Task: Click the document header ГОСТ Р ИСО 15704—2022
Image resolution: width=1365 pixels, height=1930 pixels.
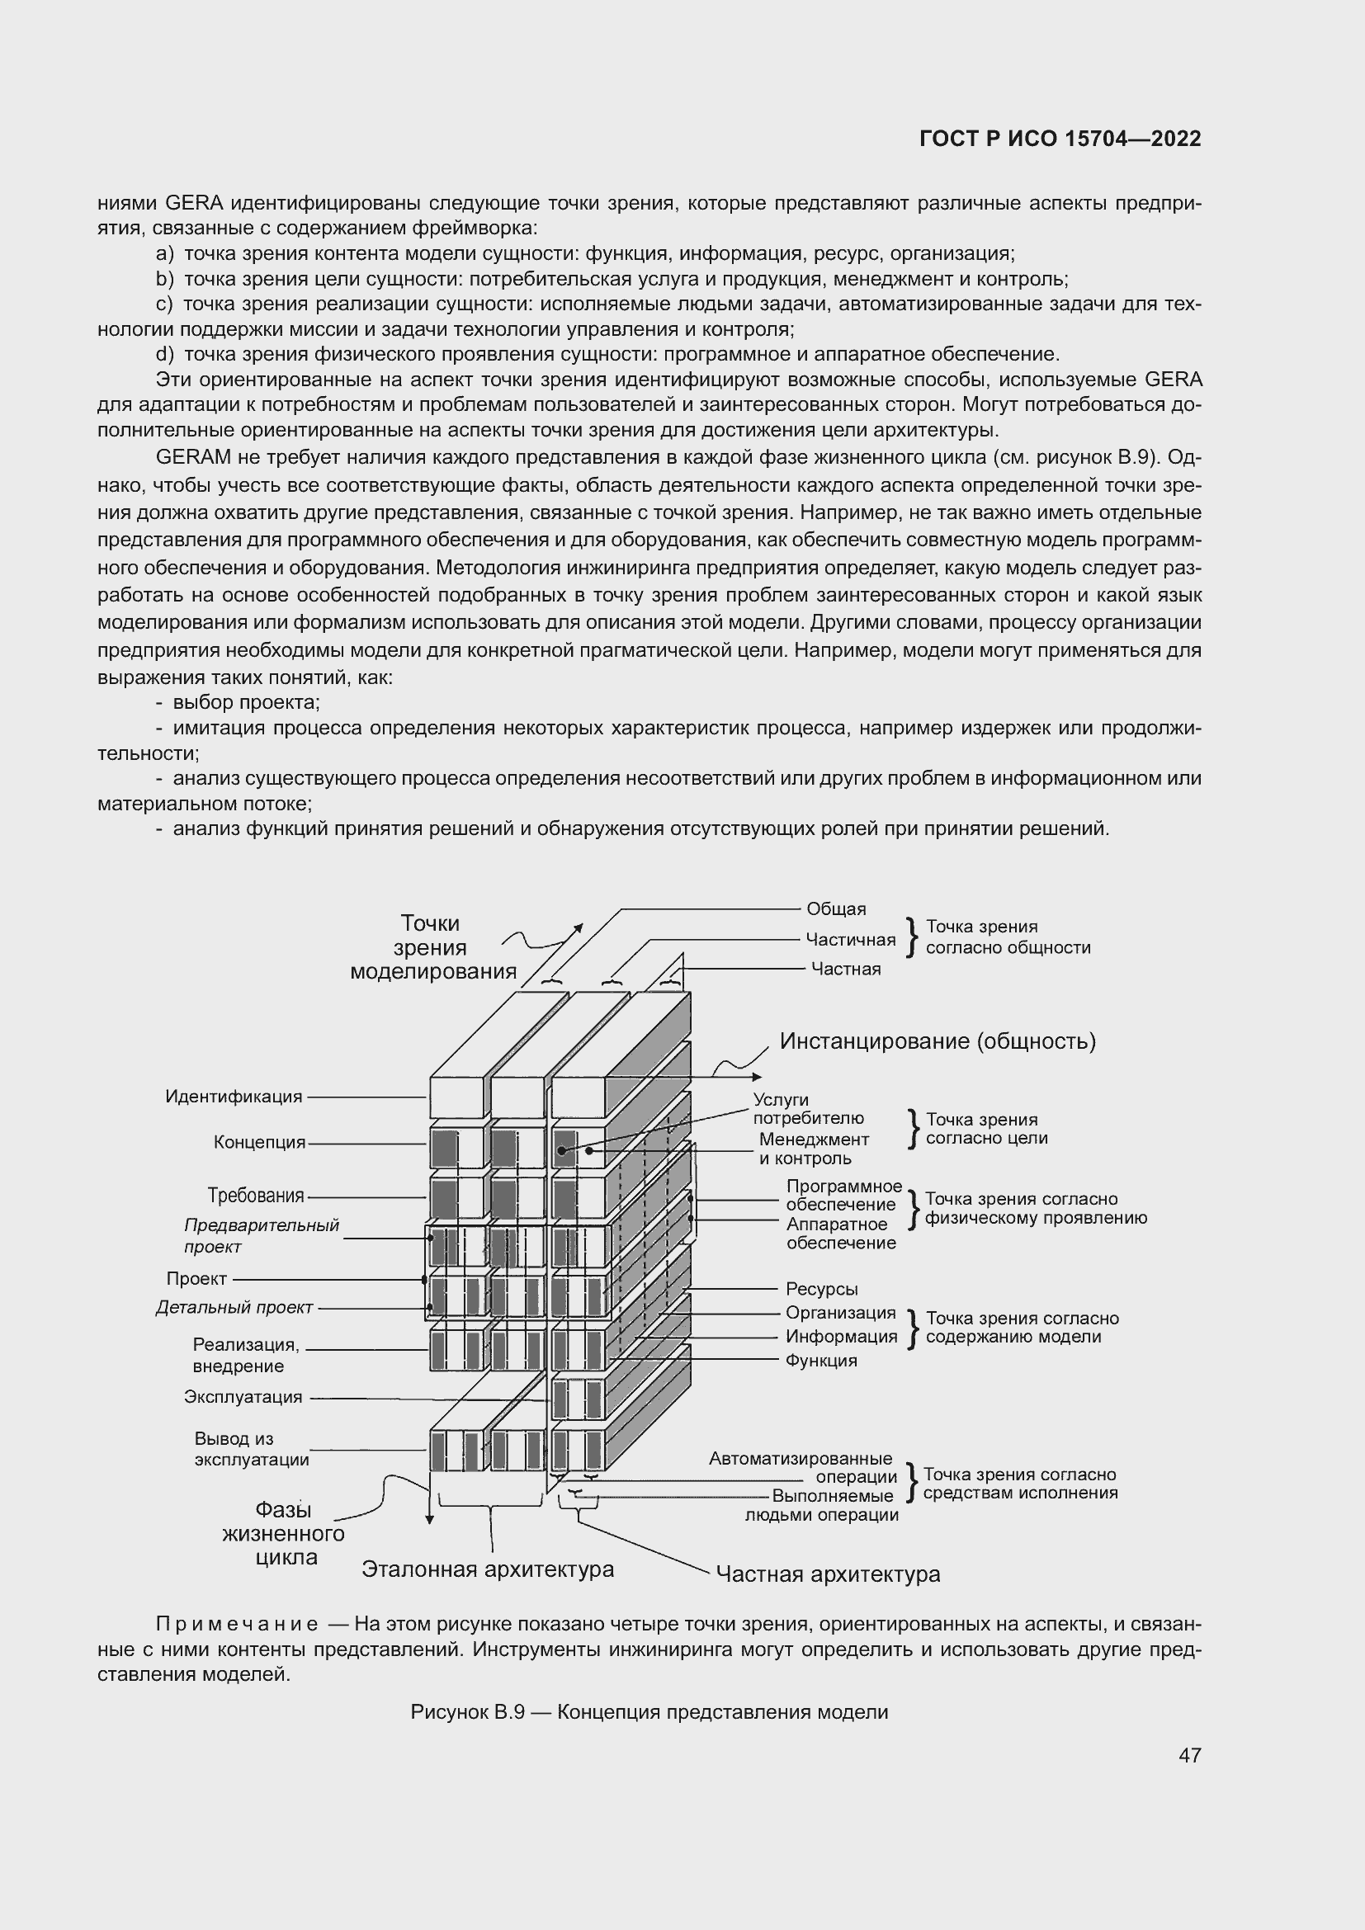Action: (1060, 139)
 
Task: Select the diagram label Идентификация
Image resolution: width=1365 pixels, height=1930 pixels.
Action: (233, 1096)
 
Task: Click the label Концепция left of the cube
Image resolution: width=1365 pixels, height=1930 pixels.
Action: (259, 1142)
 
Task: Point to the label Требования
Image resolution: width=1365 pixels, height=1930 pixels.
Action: (256, 1196)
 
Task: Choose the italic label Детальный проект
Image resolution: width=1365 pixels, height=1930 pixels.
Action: (234, 1307)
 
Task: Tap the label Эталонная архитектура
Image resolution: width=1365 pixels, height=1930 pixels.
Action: (488, 1569)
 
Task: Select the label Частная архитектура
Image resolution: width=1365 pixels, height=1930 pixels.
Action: (828, 1574)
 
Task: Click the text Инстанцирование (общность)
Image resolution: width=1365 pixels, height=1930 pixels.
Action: (938, 1041)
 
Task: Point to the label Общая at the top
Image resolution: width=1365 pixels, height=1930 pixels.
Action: (835, 908)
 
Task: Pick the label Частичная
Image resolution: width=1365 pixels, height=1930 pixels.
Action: (850, 939)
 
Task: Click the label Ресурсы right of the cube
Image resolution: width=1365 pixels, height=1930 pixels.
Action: (821, 1290)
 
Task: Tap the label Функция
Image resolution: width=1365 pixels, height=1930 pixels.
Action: (820, 1360)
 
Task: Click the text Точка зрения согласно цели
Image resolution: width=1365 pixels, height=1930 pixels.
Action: (986, 1129)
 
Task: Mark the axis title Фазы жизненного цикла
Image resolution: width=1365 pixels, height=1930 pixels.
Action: (283, 1534)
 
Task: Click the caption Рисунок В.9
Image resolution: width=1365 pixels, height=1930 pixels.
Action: (466, 1712)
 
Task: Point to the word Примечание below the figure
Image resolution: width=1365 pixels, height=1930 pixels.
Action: (236, 1623)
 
